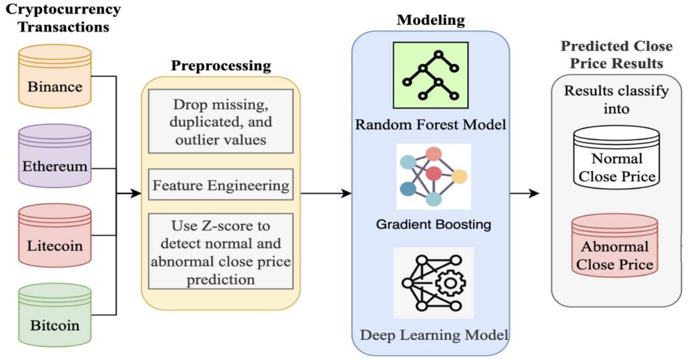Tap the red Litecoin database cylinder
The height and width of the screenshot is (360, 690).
coord(54,237)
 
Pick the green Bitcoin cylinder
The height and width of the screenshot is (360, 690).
coord(54,316)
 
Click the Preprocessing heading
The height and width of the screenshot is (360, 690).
coord(220,66)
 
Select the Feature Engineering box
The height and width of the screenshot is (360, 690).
coord(221,185)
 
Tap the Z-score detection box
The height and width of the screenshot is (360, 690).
coord(221,251)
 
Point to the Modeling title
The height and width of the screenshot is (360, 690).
coord(431,20)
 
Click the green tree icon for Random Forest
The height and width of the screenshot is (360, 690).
coord(431,76)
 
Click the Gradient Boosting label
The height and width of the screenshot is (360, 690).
coord(433,224)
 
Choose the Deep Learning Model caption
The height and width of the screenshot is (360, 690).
coord(433,334)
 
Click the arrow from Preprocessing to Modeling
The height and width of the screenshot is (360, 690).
coord(327,193)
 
